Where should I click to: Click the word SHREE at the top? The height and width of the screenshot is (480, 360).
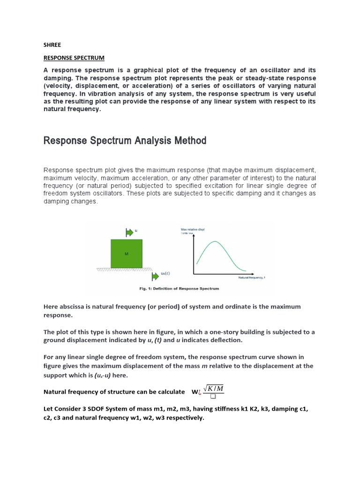click(x=52, y=45)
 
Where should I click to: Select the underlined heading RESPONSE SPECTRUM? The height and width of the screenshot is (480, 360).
click(x=74, y=58)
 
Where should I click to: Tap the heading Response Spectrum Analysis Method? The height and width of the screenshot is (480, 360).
click(x=125, y=141)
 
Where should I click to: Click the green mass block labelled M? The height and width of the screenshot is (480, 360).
click(x=126, y=254)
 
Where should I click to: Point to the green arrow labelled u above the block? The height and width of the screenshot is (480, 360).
click(x=130, y=232)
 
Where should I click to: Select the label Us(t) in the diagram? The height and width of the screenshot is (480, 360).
click(x=165, y=273)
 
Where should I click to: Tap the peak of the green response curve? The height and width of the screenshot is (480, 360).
click(x=215, y=241)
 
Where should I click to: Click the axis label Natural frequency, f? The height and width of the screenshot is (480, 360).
click(x=252, y=277)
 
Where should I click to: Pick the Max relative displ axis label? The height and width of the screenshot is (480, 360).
click(x=193, y=229)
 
